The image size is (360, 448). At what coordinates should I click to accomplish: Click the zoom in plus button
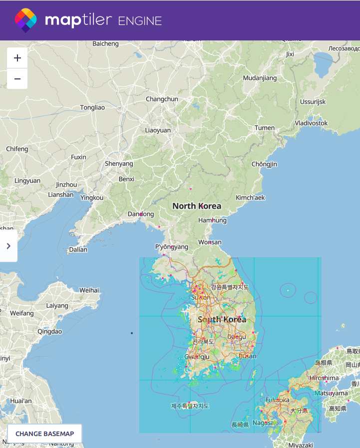pos(17,58)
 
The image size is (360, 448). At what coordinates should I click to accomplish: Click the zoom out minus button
pos(17,79)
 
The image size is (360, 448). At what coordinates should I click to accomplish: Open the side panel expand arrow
pos(8,246)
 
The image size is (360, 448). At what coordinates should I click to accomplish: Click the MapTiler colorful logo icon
pos(25,20)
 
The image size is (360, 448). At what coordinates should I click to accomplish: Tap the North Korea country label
pos(197,206)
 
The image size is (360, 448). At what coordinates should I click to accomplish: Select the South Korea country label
pos(222,319)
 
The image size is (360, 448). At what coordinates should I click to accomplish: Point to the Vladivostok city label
pos(311,123)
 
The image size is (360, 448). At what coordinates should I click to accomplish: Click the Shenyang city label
pos(119,163)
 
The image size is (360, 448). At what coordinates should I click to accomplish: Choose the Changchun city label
pos(162,99)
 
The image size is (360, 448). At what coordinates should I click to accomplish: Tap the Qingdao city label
pos(50,331)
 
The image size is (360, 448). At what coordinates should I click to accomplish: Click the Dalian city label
pos(78,250)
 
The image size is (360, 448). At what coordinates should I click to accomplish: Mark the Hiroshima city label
pos(325,378)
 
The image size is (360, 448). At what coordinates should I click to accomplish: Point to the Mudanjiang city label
pos(260,78)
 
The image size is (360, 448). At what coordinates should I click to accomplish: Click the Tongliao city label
pos(93,107)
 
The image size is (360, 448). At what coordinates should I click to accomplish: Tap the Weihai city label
pos(89,290)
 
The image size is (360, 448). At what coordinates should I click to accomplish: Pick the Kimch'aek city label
pos(250,197)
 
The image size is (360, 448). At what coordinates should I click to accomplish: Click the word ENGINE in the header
pos(140,20)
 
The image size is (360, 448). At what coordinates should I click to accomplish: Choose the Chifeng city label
pos(17,149)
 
